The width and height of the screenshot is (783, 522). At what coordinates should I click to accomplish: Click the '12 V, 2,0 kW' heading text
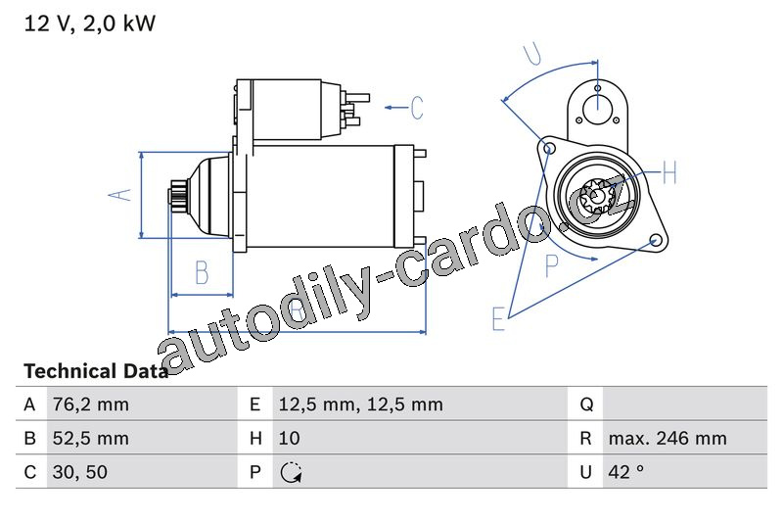click(90, 24)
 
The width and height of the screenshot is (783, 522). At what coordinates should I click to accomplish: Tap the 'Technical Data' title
click(96, 371)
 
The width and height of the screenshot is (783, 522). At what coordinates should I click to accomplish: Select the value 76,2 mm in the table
click(90, 404)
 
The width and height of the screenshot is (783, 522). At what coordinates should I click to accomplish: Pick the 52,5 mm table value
click(90, 438)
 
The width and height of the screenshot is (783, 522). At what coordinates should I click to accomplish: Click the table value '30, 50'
click(80, 472)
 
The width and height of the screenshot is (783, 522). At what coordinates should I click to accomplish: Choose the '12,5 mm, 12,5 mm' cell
click(360, 404)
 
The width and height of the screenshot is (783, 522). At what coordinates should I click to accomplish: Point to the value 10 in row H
click(289, 438)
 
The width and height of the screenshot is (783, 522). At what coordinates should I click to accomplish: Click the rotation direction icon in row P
click(291, 472)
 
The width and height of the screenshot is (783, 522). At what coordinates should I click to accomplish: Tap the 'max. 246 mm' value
click(668, 438)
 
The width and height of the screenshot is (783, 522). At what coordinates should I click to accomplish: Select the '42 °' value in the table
click(625, 472)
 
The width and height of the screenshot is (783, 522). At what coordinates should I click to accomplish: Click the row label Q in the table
click(586, 404)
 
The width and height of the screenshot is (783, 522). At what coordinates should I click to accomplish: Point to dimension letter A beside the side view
click(119, 195)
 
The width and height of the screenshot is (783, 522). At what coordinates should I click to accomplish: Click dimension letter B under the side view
click(202, 272)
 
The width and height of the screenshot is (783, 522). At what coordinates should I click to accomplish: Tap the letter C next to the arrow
click(417, 108)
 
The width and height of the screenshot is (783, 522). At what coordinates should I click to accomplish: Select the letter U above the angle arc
click(532, 54)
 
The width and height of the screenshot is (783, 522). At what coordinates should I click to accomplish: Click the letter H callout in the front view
click(669, 172)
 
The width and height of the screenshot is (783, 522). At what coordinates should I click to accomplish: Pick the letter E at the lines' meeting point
click(498, 318)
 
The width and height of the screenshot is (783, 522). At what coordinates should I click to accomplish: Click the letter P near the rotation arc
click(552, 265)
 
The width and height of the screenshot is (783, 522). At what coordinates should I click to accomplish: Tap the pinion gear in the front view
click(598, 197)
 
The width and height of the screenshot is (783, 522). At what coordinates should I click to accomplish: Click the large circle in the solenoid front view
click(598, 109)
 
